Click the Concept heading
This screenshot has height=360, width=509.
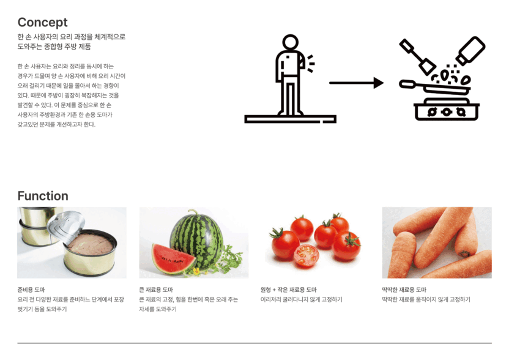(x=43, y=23)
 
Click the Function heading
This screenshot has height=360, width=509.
(x=43, y=196)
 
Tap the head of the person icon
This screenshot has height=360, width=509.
(x=290, y=43)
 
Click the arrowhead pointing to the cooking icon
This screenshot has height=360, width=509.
(x=378, y=83)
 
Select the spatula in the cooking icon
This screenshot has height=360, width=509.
(x=417, y=56)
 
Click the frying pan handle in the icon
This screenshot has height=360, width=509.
(x=410, y=84)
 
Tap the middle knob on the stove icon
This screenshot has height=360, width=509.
(x=447, y=112)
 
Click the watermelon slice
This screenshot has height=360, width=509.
(x=173, y=259)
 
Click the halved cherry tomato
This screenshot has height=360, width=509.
(x=306, y=256)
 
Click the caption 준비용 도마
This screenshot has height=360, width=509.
(x=31, y=290)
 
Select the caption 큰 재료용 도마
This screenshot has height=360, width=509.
(x=156, y=290)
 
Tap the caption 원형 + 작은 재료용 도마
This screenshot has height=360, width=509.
(x=289, y=290)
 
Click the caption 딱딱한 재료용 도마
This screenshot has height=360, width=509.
(x=404, y=290)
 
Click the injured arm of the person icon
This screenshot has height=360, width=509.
(x=302, y=61)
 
